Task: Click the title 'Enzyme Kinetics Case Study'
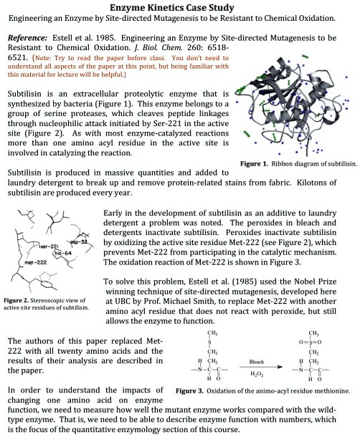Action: [x=179, y=6]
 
